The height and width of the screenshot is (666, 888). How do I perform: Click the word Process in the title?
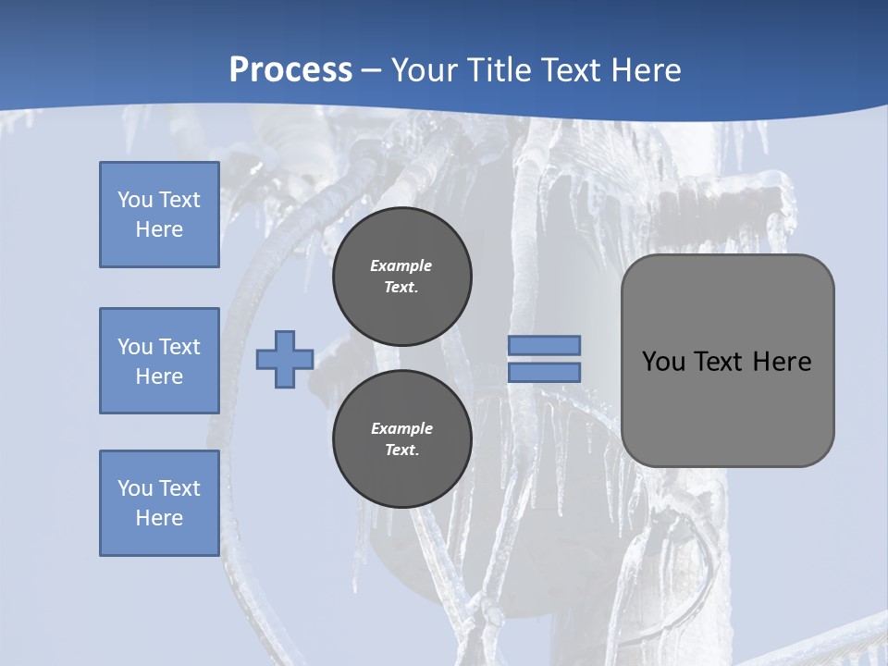click(x=290, y=70)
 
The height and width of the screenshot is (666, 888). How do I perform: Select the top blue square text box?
click(x=159, y=215)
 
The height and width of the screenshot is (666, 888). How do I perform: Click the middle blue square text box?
click(x=159, y=361)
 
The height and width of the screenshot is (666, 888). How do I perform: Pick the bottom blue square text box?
click(x=159, y=503)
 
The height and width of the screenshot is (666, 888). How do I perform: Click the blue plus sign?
click(x=285, y=360)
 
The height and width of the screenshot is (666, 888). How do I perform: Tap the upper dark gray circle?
click(x=401, y=277)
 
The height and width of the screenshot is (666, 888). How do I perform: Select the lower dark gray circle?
click(x=401, y=439)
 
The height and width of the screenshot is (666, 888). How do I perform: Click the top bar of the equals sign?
click(x=544, y=346)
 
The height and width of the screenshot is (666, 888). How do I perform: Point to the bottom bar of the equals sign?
click(x=544, y=373)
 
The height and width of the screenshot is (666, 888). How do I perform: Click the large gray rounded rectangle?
click(x=727, y=407)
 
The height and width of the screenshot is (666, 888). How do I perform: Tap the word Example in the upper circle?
click(x=401, y=265)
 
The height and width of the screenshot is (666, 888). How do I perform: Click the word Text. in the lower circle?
click(x=401, y=450)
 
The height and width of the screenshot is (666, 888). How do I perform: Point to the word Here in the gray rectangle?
click(x=782, y=362)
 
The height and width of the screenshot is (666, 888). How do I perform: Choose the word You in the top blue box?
click(x=134, y=200)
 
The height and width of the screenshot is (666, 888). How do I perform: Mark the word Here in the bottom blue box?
click(x=159, y=518)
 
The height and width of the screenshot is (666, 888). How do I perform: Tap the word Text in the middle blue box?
click(x=179, y=347)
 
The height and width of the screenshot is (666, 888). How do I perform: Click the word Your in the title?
click(x=422, y=70)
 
